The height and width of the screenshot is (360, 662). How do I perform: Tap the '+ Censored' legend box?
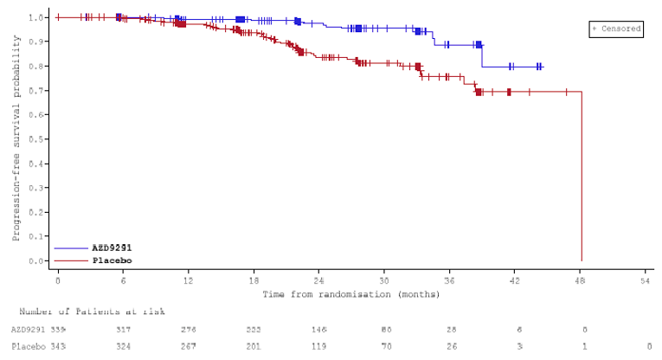tap(616, 29)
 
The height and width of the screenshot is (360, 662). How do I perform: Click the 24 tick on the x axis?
tap(318, 280)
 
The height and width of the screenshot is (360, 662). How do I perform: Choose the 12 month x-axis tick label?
tap(188, 280)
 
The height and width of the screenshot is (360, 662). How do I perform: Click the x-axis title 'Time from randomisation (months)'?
tap(351, 294)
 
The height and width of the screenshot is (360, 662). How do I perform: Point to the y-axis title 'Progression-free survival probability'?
tap(16, 138)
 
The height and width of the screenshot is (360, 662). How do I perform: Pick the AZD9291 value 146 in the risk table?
tap(318, 330)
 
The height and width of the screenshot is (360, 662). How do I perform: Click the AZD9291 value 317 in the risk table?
tap(123, 330)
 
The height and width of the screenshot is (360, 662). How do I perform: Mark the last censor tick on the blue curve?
tap(541, 67)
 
